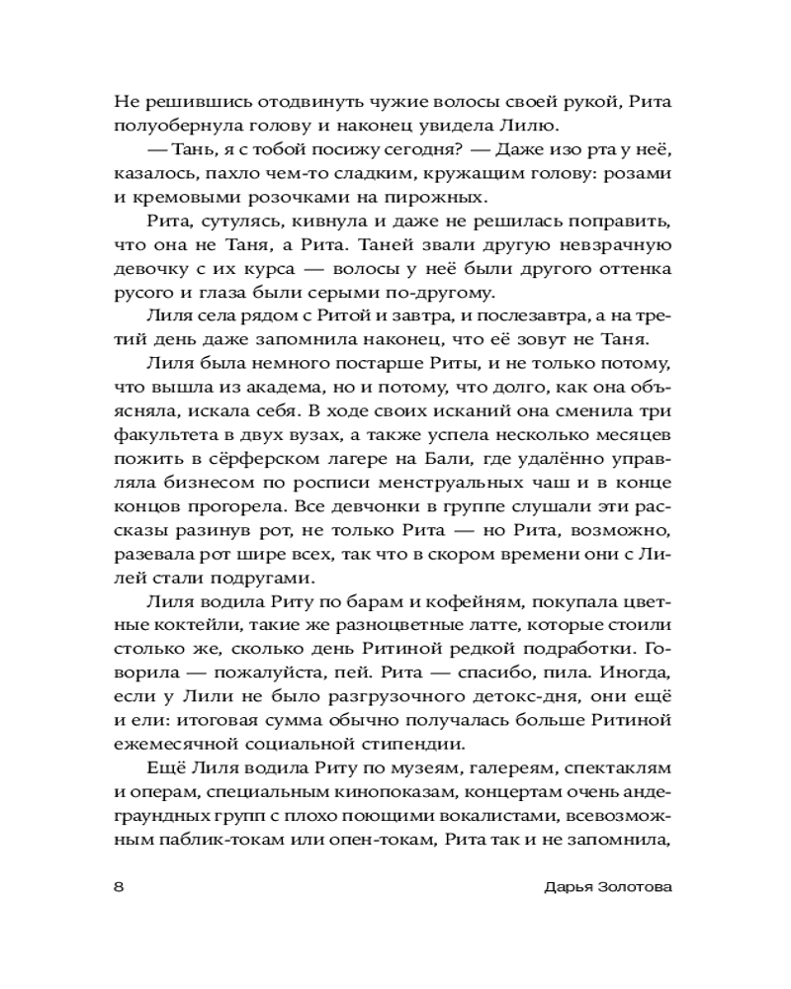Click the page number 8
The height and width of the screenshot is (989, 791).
119,887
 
